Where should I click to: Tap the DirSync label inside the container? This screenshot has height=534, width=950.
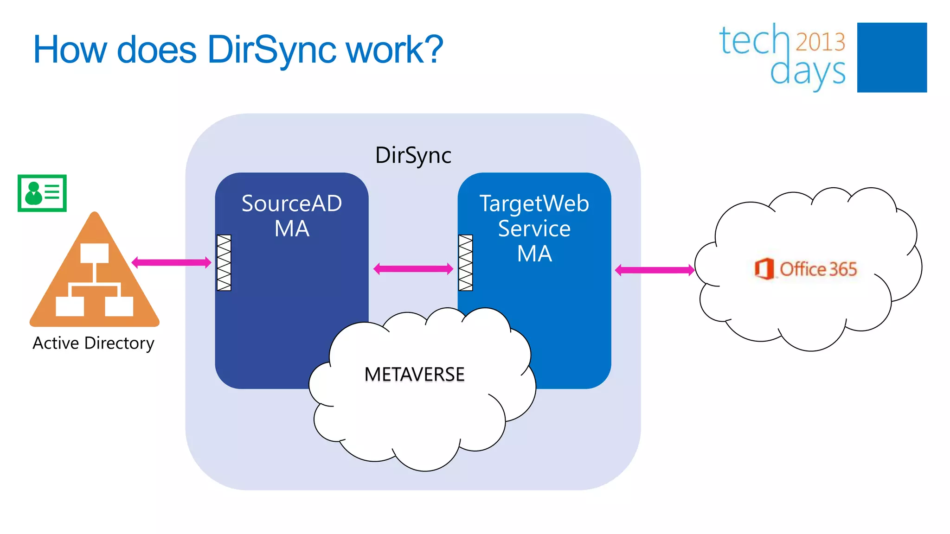[413, 155]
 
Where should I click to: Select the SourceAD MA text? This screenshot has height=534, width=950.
[292, 216]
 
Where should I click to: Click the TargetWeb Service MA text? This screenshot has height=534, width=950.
[534, 228]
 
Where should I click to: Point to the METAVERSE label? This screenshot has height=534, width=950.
[414, 375]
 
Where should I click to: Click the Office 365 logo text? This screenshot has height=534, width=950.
[818, 269]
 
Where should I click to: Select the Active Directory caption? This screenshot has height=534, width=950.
[93, 343]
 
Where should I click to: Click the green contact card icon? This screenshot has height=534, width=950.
[42, 193]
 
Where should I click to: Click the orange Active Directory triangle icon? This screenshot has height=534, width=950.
[95, 278]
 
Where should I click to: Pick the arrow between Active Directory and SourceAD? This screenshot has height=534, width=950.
[172, 263]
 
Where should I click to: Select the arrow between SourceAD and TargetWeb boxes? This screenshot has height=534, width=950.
[413, 269]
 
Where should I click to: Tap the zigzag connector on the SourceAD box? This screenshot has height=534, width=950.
[224, 263]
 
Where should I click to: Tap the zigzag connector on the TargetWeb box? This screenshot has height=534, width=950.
[466, 263]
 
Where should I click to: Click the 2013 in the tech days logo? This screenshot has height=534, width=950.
[820, 42]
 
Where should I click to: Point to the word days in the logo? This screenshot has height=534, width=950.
[808, 72]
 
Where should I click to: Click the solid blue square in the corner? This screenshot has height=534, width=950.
[892, 57]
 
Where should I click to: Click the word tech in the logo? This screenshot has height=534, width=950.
[754, 41]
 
